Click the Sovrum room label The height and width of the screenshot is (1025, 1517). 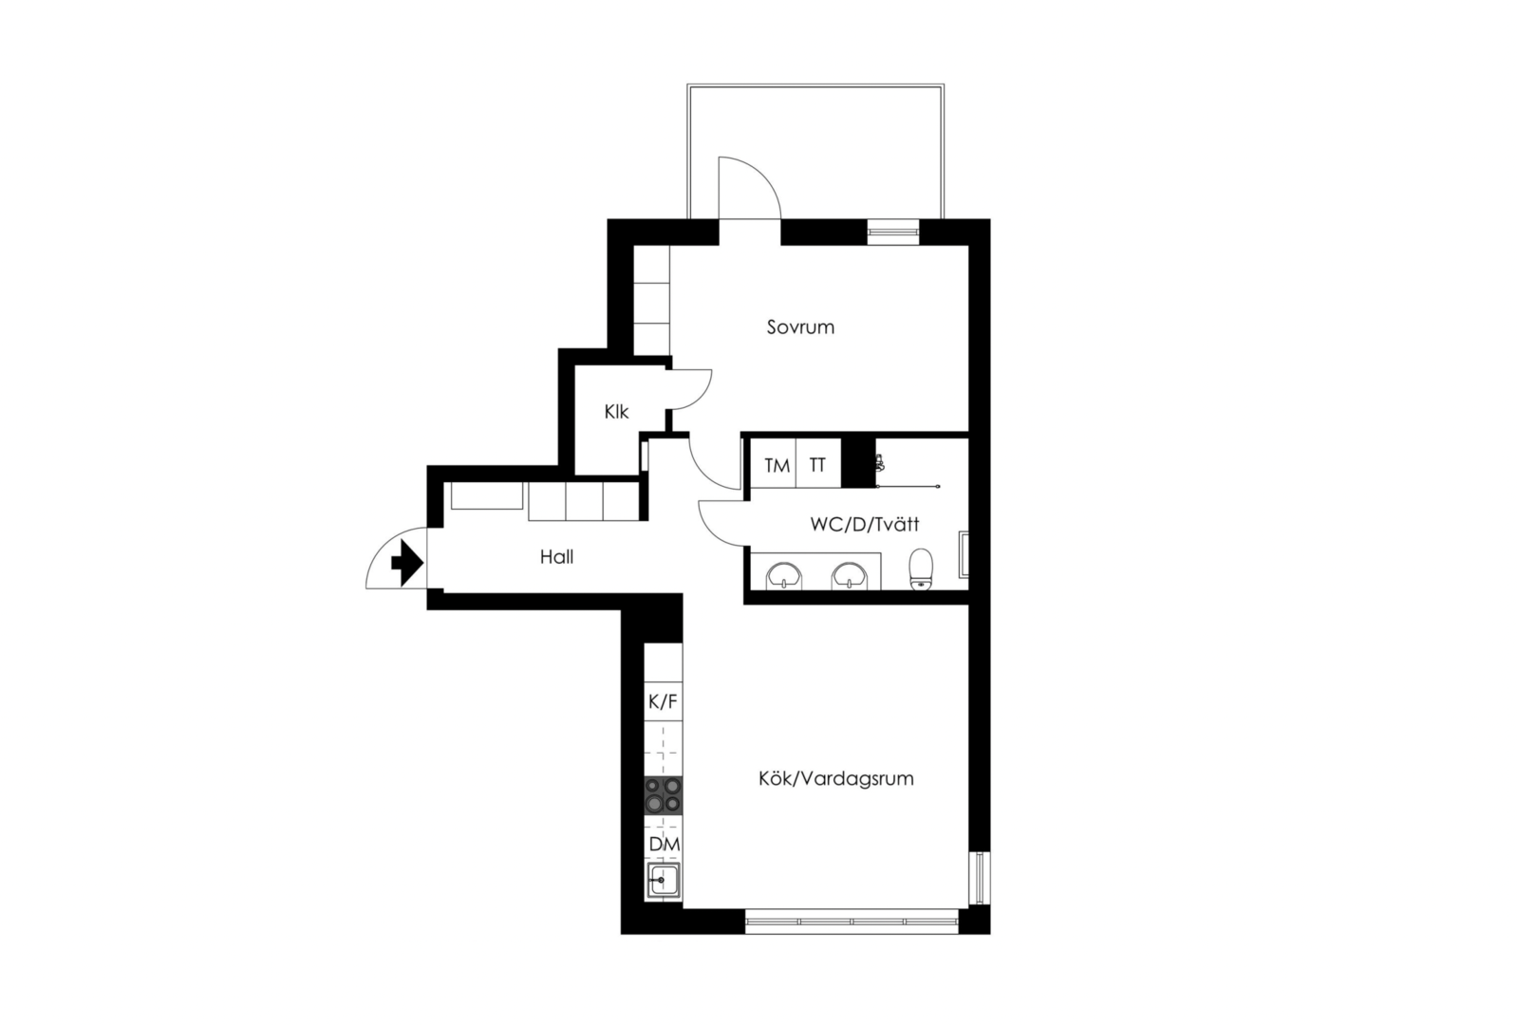point(800,327)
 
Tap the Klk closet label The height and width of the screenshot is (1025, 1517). point(616,412)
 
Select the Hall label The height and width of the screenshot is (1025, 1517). point(556,557)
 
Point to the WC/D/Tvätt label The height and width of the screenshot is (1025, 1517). point(864,524)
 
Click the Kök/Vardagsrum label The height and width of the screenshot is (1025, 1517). point(835,778)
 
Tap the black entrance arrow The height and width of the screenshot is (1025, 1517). point(407,563)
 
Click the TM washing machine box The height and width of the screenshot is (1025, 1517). point(774,464)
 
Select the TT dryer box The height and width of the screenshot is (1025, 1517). point(818,464)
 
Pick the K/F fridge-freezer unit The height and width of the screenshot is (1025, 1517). point(663,702)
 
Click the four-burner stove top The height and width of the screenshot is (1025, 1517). point(663,795)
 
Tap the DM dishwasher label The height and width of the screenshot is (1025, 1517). point(665,845)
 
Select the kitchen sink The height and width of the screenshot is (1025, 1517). point(664,880)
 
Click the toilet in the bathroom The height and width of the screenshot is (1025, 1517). point(921,568)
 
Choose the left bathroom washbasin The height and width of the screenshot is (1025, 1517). point(784,576)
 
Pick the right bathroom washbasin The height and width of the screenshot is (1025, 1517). point(850,576)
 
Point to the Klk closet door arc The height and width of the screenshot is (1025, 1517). point(702,398)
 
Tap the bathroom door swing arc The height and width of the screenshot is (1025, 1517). point(710,531)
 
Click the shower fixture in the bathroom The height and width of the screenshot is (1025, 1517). point(880,463)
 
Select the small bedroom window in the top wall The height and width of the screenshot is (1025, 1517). point(893,232)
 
